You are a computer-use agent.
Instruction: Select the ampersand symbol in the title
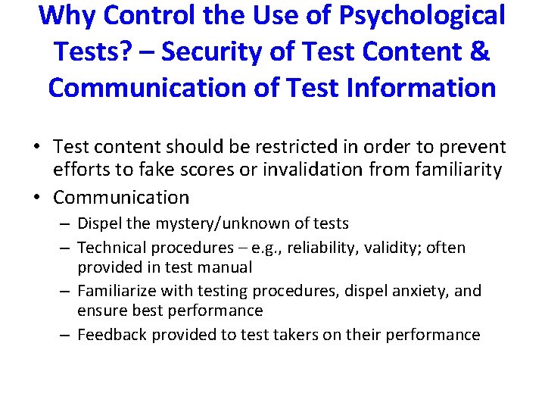tap(479, 52)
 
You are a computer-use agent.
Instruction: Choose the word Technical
tap(114, 248)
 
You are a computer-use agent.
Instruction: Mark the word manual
tap(226, 267)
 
